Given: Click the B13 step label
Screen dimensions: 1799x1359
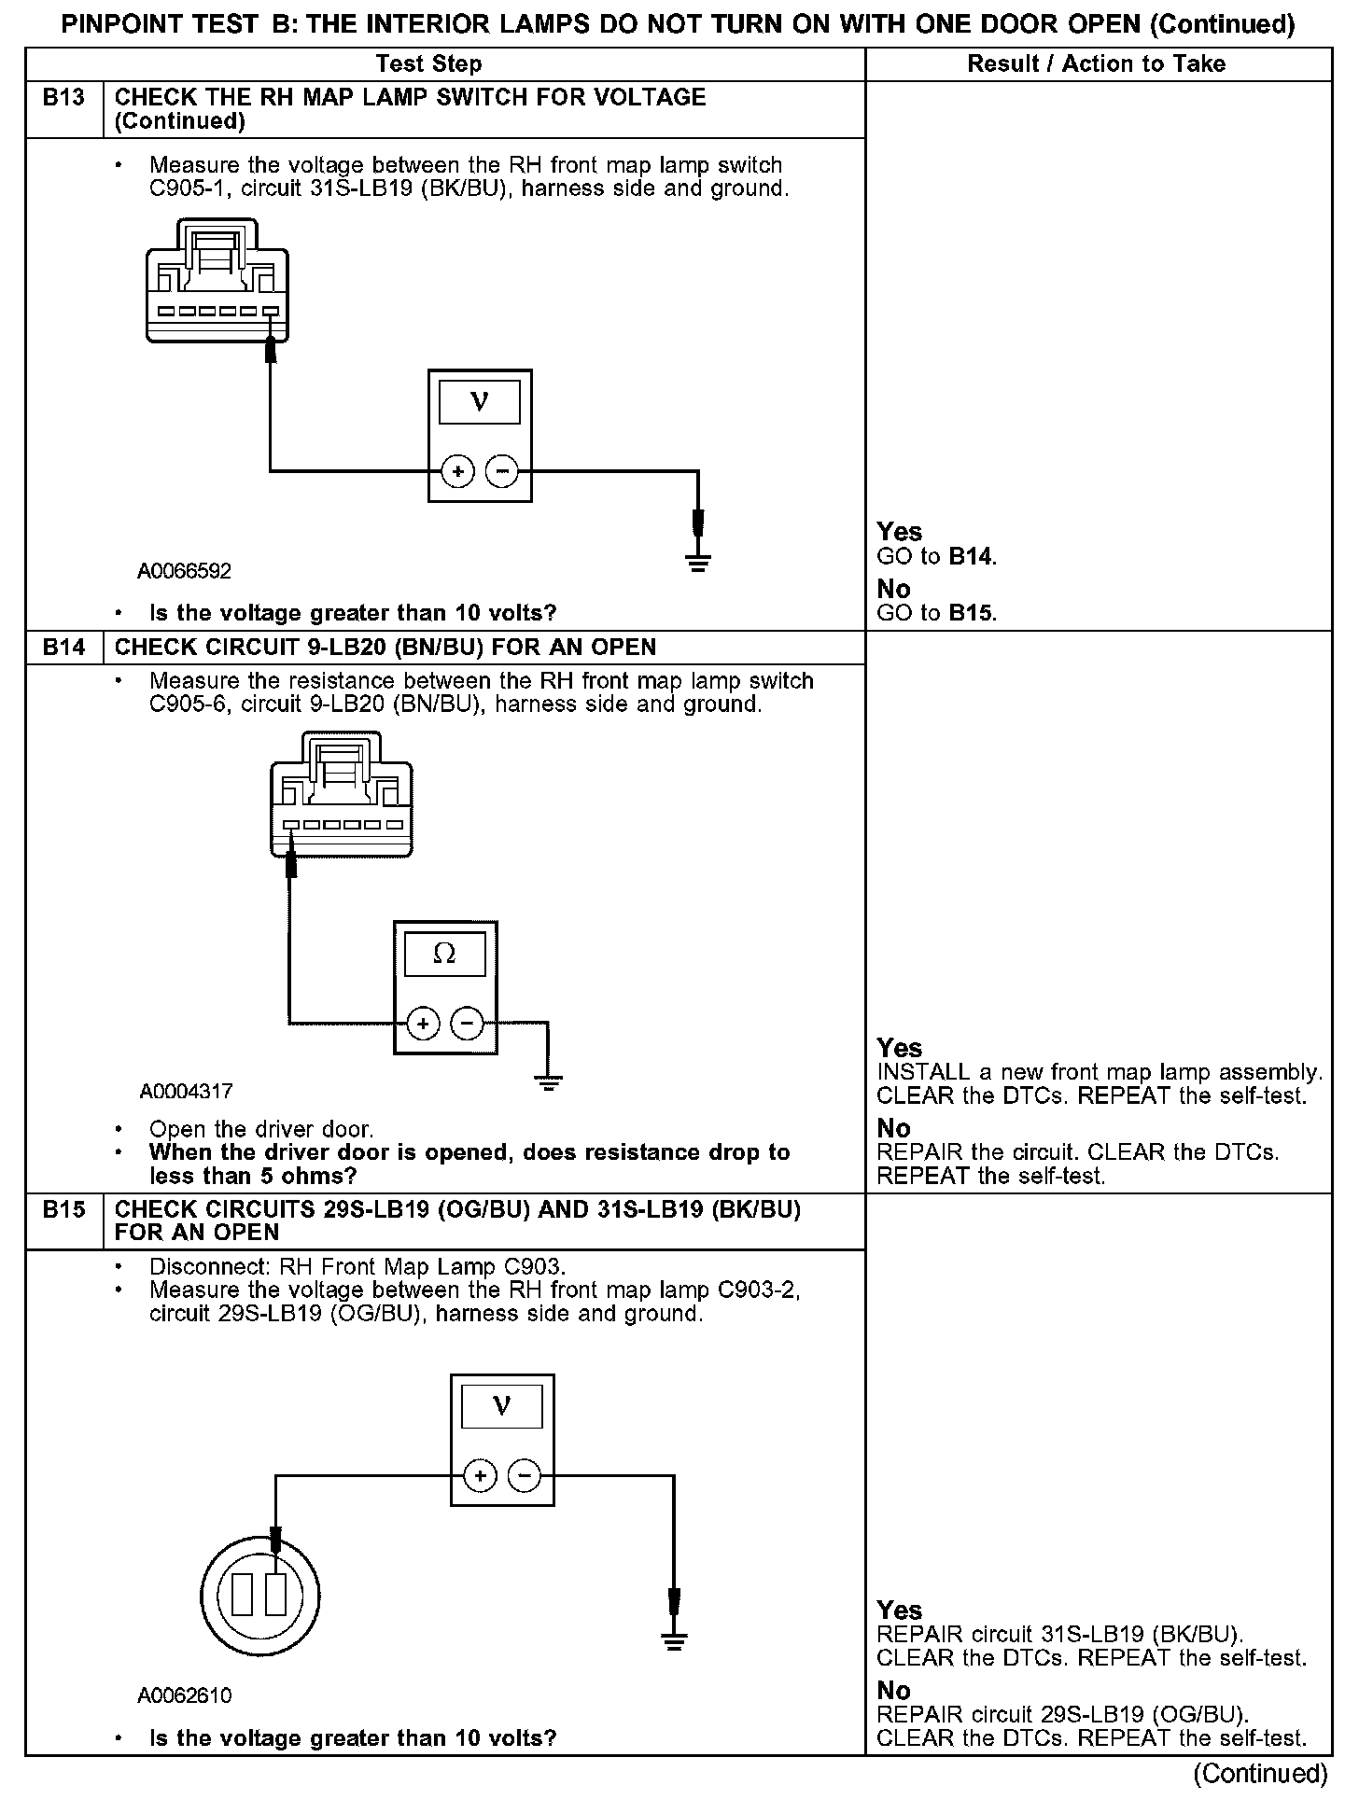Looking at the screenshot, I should [63, 98].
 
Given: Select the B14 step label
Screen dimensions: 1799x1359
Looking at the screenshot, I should [63, 648].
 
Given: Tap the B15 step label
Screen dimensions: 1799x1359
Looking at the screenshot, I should [63, 1209].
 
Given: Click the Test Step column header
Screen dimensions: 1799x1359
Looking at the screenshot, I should [428, 64].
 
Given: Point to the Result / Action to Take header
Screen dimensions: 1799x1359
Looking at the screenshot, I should [1097, 64].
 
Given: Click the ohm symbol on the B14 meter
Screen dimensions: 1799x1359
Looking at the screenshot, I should [445, 955].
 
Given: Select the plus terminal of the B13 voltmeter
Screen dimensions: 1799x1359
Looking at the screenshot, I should [457, 472].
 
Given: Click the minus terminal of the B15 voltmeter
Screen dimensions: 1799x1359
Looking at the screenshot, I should [524, 1475].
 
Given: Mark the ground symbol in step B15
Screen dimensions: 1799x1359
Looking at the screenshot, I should [673, 1640].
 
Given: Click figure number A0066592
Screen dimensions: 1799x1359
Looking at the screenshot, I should [185, 571].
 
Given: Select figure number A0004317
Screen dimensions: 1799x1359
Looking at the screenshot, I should [187, 1091].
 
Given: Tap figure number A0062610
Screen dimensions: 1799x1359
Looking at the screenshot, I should [185, 1695].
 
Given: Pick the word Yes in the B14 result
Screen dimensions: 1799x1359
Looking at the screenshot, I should [899, 1048].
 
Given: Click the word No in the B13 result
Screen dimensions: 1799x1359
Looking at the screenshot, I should [893, 589].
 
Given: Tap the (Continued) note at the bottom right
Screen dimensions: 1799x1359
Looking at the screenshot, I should [1260, 1772].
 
